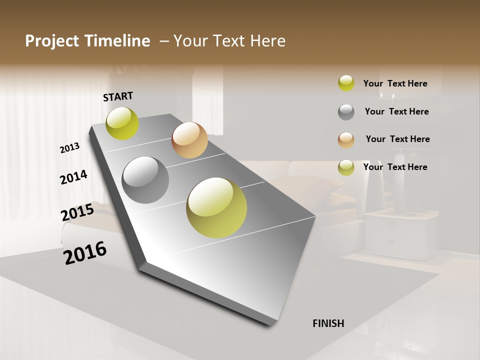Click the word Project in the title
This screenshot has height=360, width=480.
(50, 41)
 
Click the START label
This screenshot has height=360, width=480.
(118, 96)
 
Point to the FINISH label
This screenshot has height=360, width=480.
(328, 323)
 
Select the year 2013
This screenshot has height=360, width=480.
(69, 148)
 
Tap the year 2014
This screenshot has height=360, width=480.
(73, 177)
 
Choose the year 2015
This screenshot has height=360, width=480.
(77, 212)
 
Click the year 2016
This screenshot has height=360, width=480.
(85, 253)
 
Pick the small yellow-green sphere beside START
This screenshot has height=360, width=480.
(122, 123)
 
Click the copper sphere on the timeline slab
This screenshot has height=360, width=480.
(189, 140)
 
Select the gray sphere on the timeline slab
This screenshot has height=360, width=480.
(145, 180)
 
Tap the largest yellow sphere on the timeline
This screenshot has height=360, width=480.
(216, 207)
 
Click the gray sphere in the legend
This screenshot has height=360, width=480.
(346, 112)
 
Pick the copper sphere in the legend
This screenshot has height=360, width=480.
(346, 140)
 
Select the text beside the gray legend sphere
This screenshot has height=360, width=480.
(396, 111)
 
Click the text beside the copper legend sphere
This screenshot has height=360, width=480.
(397, 139)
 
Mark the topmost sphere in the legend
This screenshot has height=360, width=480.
(346, 83)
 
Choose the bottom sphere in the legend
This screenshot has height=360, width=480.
(346, 167)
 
